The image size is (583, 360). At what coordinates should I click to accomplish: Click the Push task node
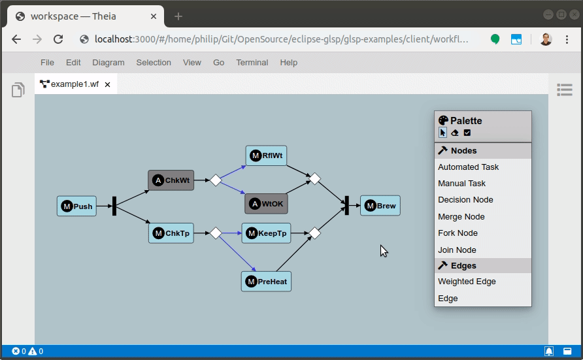(76, 206)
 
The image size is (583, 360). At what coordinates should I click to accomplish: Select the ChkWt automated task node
(171, 180)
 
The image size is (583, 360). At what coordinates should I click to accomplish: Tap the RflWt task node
(266, 155)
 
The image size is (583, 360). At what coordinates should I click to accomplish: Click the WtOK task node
(266, 204)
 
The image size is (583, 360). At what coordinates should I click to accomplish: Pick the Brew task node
(380, 205)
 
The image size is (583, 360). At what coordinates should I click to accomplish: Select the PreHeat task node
(266, 281)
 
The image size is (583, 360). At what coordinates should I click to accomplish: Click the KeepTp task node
(266, 233)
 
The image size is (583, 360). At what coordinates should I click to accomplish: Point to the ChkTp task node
(171, 233)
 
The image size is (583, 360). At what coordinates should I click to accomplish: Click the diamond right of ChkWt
(216, 180)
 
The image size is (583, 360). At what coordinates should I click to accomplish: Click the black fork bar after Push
(114, 206)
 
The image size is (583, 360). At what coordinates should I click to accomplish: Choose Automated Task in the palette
(468, 167)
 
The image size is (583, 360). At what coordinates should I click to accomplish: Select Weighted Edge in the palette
(467, 282)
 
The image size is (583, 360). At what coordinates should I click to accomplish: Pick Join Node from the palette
(457, 250)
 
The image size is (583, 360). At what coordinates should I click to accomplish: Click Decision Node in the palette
(465, 200)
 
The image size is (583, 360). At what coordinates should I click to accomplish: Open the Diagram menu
(108, 63)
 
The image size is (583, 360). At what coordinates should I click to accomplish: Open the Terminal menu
(252, 63)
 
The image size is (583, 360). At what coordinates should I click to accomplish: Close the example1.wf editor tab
(107, 85)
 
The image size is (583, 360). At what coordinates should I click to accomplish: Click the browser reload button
(58, 39)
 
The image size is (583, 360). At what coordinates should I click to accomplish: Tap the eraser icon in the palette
(455, 133)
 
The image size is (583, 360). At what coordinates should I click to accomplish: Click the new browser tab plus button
(178, 16)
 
